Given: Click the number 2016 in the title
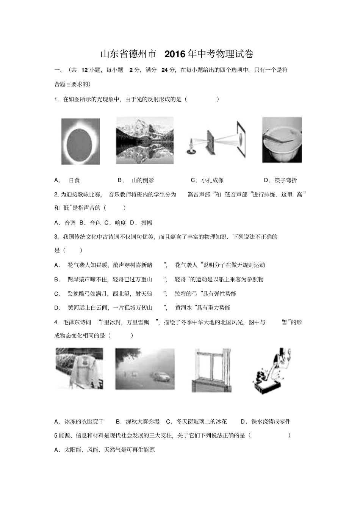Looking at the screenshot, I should pyautogui.click(x=175, y=54).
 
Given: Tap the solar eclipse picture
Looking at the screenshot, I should pyautogui.click(x=80, y=141).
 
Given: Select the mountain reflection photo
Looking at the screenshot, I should pyautogui.click(x=145, y=140).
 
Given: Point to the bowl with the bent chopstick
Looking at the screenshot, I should pyautogui.click(x=282, y=140).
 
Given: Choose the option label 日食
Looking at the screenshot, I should pyautogui.click(x=74, y=180).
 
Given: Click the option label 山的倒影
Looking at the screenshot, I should pyautogui.click(x=142, y=180).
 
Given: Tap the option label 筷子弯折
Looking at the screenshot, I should pyautogui.click(x=286, y=180).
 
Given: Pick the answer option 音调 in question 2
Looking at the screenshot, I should pyautogui.click(x=70, y=223).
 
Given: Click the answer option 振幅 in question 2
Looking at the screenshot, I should pyautogui.click(x=146, y=223).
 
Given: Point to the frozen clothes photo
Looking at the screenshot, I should pyautogui.click(x=79, y=369).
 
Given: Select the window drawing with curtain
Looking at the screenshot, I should pyautogui.click(x=211, y=370).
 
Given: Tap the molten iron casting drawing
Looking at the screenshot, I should pyautogui.click(x=271, y=370).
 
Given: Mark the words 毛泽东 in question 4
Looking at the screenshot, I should pyautogui.click(x=70, y=322).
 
